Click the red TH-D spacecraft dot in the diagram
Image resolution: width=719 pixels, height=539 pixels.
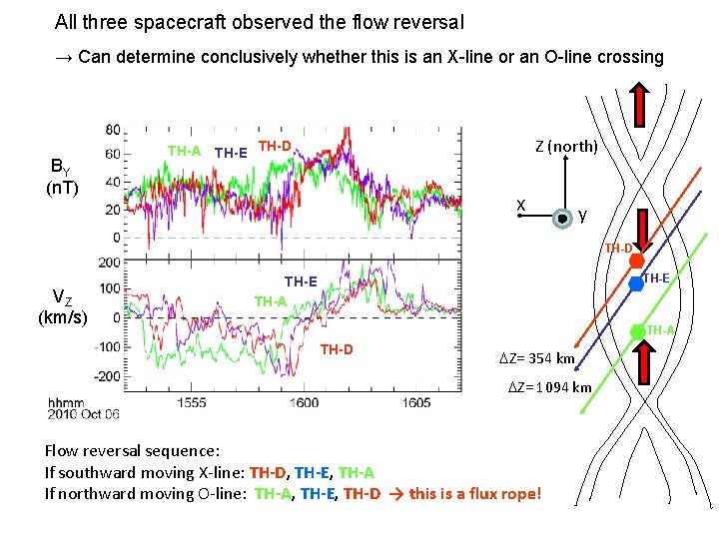coord(636,262)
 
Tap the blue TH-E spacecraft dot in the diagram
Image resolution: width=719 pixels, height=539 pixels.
coord(633,284)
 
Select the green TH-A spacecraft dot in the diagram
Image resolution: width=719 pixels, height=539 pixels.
coord(637,330)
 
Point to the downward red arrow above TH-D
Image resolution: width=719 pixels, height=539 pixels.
coord(635,232)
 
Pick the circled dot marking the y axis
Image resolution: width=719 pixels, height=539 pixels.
coord(563,216)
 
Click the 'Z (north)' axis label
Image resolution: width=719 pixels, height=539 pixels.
coord(566,147)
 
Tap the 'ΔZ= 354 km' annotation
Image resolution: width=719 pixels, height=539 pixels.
coord(537,358)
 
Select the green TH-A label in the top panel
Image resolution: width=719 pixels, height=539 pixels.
coord(184,152)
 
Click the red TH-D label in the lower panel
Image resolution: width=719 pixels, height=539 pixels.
coord(336,349)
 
